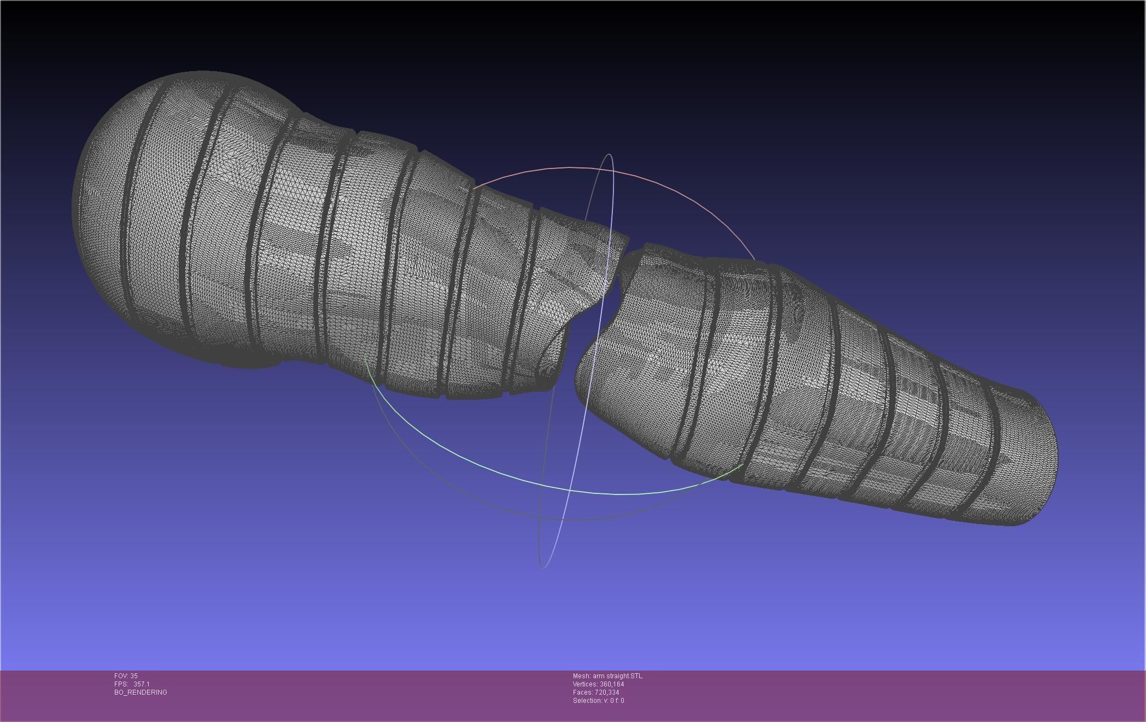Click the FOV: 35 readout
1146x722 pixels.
[x=126, y=676]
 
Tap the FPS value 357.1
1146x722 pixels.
[x=141, y=684]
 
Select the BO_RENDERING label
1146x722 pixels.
[x=141, y=692]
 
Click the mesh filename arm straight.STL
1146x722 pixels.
[x=617, y=676]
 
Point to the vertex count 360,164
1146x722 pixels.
[x=611, y=684]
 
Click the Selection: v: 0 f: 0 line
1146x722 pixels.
[x=598, y=701]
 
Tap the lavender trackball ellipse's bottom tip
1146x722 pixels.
[x=542, y=567]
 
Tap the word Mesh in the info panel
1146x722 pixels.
[x=581, y=676]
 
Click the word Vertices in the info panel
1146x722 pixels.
[x=584, y=684]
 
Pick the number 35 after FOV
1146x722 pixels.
[x=134, y=676]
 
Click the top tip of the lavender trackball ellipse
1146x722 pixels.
[x=610, y=155]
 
